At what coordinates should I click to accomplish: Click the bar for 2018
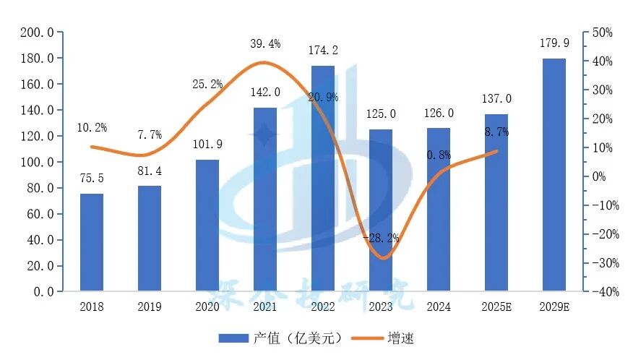(x=91, y=242)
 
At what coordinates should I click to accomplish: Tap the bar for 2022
(x=322, y=179)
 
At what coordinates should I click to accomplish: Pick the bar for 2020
(x=207, y=226)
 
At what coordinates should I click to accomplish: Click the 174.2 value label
(x=322, y=51)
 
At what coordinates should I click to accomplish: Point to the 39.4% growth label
(x=264, y=44)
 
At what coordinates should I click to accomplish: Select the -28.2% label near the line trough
(x=381, y=238)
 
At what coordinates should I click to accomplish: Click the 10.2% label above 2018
(x=91, y=128)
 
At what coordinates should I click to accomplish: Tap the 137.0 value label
(x=496, y=99)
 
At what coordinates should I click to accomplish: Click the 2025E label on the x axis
(x=496, y=307)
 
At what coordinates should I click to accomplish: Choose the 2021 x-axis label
(x=264, y=307)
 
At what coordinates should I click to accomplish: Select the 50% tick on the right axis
(x=602, y=33)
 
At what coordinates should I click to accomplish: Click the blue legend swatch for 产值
(x=233, y=338)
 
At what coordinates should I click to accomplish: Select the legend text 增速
(x=401, y=338)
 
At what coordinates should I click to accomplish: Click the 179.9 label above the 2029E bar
(x=554, y=43)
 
